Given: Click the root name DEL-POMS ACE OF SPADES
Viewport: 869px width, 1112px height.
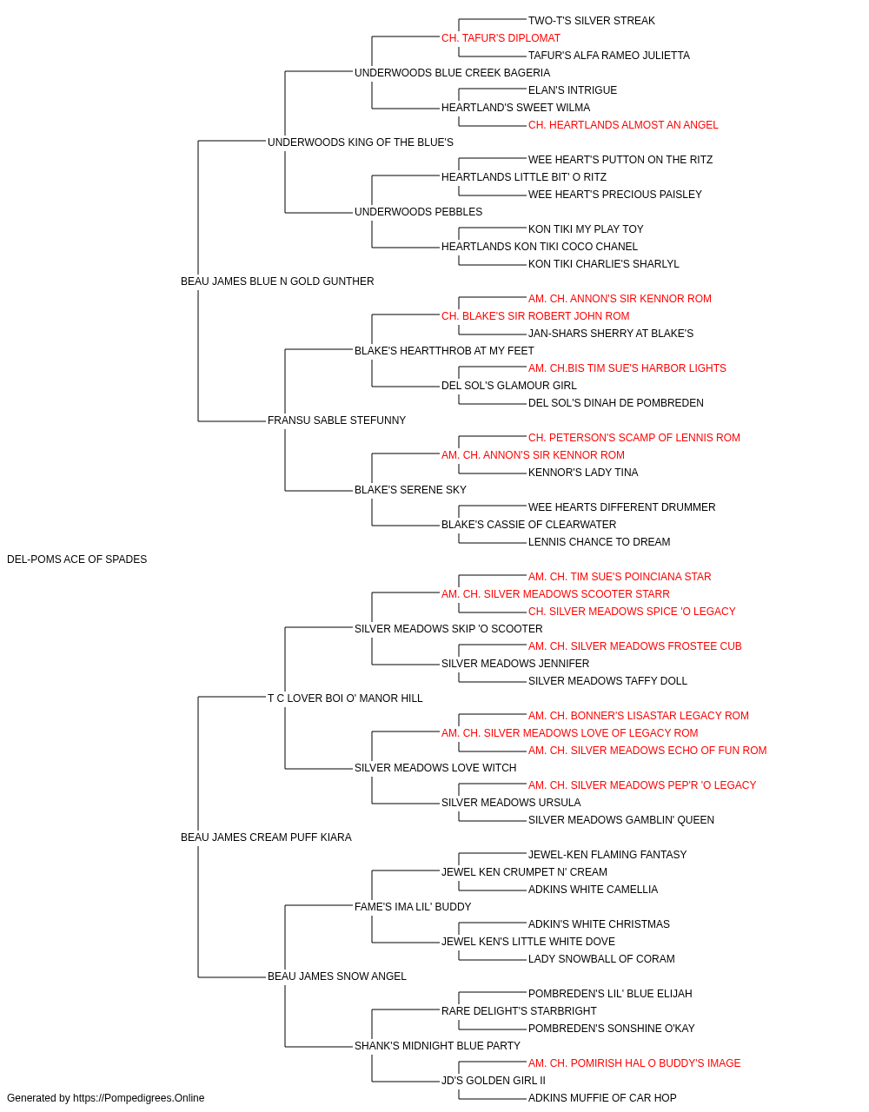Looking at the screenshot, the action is pos(76,559).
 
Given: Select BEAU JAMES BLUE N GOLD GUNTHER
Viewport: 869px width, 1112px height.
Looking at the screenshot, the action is pos(277,281).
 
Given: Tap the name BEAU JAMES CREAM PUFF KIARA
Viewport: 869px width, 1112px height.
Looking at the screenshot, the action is pos(266,837).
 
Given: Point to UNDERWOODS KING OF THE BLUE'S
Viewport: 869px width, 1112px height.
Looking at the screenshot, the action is pos(361,142).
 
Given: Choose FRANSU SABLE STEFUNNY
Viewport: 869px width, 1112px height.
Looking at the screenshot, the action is pos(337,420).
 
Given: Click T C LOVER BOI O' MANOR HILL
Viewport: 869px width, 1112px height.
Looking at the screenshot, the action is pos(345,698).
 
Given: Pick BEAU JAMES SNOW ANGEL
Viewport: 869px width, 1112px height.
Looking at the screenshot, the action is pos(337,976).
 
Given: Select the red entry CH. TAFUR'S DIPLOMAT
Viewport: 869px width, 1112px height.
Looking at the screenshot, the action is pos(501,38).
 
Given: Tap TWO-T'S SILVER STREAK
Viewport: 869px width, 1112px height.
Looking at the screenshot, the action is pos(592,21).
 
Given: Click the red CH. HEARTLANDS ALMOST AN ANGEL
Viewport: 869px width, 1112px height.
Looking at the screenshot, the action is pos(623,125).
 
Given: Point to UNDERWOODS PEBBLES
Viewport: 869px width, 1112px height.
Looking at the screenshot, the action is pos(419,212).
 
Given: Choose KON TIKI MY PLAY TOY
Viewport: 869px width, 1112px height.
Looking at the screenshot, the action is pos(586,229).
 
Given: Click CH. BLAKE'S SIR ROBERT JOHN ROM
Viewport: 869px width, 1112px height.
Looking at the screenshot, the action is pos(535,316).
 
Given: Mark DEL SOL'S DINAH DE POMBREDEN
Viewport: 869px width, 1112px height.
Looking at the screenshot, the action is pos(615,403).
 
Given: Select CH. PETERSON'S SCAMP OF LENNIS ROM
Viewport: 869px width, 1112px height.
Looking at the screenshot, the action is pos(634,438).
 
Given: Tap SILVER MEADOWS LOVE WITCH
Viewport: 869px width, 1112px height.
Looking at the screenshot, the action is pos(435,768).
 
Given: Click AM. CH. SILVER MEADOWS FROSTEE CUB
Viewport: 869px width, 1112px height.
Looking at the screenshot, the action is pos(635,646).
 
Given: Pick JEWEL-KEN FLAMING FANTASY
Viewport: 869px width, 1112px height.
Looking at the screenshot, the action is pos(607,855).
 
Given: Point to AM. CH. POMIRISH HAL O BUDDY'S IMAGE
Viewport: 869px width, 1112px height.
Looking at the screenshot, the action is pos(634,1063).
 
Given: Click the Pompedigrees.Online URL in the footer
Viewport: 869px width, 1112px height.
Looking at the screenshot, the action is pos(139,1098).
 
